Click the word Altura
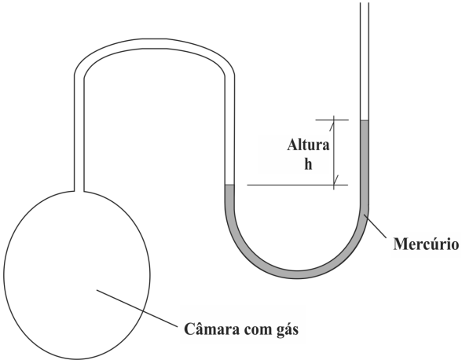pos(308,145)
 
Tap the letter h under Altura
pos(308,164)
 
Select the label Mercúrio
pos(426,244)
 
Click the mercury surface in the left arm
pos(229,185)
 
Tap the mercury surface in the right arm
pos(365,120)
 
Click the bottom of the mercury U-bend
pos(297,274)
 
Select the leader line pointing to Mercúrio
pos(375,226)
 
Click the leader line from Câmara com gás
pos(137,308)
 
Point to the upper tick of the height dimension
pos(332,120)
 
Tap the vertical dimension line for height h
pos(334,152)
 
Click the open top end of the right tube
pos(365,4)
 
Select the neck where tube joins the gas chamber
pos(79,191)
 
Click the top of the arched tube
pos(155,43)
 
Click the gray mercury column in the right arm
pos(365,165)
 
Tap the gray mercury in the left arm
pos(229,196)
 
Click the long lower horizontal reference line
pos(298,186)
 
